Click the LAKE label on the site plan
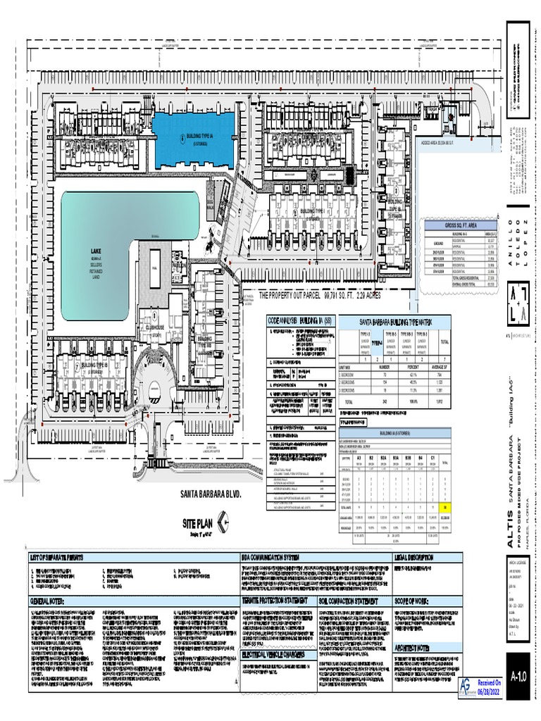pos(95,251)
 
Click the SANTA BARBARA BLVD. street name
pos(211,494)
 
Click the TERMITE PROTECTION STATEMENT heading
pos(275,601)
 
